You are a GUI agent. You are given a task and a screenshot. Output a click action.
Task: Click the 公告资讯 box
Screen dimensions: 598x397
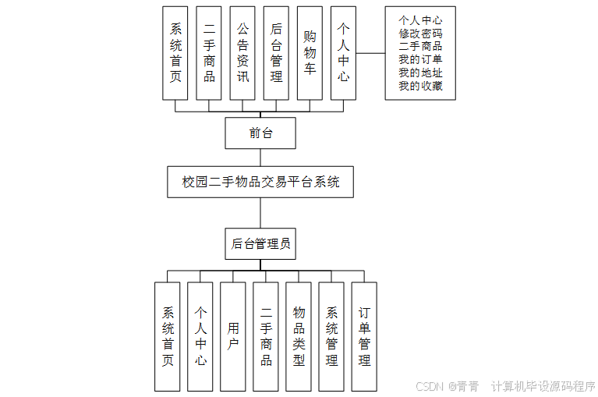242,53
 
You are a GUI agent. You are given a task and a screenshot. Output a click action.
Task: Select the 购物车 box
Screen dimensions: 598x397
310,53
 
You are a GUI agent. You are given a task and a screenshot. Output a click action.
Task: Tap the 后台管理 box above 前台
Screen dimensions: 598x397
276,53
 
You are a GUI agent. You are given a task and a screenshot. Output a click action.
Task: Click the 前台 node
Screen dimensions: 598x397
260,133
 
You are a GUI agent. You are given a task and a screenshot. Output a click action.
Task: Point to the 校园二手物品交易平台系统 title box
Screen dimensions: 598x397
260,183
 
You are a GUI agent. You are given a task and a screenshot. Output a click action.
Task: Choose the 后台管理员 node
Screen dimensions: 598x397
260,244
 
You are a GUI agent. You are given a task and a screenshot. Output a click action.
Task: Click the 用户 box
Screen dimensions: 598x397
233,336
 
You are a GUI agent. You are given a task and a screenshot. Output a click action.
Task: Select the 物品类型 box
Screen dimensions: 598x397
299,336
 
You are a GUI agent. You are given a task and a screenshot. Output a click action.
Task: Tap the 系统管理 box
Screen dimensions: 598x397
331,336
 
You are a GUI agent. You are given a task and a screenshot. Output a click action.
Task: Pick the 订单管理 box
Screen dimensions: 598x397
364,336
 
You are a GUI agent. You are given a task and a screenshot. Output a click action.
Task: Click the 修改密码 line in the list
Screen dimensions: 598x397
420,34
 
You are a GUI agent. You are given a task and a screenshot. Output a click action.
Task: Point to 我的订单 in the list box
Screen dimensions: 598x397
420,59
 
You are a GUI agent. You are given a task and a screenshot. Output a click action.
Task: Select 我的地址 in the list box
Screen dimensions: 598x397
420,73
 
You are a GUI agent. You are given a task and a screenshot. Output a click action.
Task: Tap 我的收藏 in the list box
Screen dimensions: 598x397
420,86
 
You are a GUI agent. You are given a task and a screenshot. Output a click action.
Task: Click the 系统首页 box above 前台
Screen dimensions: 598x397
175,53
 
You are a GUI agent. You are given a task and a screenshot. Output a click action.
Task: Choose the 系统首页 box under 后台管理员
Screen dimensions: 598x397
168,336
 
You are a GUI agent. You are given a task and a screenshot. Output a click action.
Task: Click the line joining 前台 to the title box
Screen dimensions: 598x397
260,157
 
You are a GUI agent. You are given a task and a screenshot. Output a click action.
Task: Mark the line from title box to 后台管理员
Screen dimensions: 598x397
260,213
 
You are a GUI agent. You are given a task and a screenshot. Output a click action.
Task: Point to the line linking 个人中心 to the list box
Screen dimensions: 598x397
370,53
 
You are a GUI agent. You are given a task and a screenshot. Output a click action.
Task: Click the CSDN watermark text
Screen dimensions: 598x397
430,386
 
